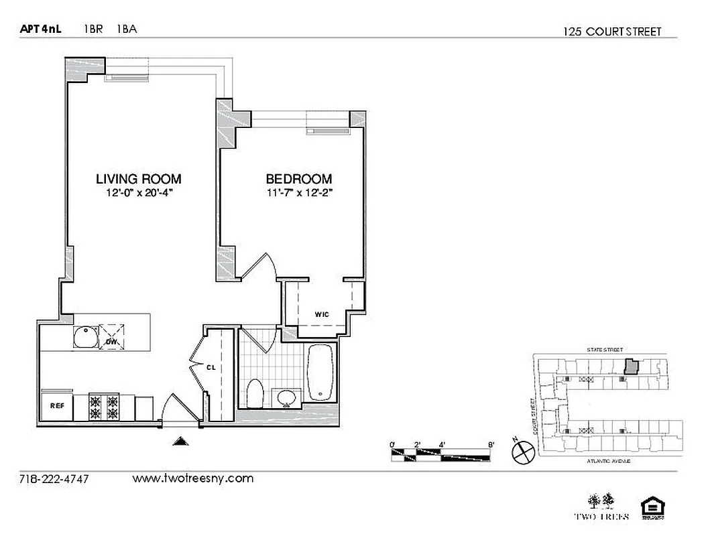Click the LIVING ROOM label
[138, 179]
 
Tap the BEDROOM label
[299, 179]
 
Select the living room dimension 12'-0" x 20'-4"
[138, 193]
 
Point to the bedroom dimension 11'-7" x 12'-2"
[299, 193]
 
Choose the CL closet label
[211, 366]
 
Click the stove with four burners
[104, 404]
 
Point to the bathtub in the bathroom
[321, 373]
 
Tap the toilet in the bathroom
[255, 393]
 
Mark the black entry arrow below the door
[180, 440]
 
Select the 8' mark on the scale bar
[491, 444]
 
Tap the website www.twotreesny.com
[193, 478]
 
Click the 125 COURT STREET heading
[612, 31]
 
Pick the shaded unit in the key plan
[631, 366]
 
